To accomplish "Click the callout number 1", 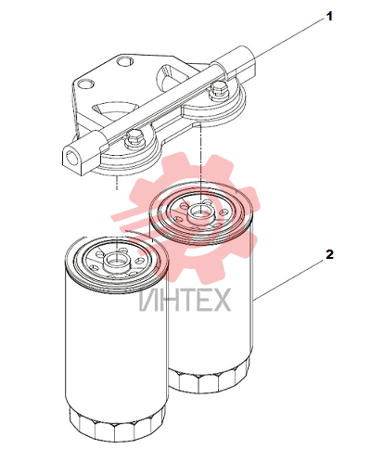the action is pyautogui.click(x=329, y=16).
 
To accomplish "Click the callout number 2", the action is pyautogui.click(x=329, y=254).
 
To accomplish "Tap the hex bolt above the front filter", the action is pyautogui.click(x=134, y=140).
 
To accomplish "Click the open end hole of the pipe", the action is pyautogui.click(x=70, y=157).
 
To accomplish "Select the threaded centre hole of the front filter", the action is pyautogui.click(x=116, y=263).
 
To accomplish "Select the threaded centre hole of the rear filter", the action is pyautogui.click(x=199, y=212).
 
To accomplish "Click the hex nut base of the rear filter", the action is pyautogui.click(x=210, y=378).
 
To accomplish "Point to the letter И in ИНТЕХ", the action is pyautogui.click(x=148, y=300).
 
